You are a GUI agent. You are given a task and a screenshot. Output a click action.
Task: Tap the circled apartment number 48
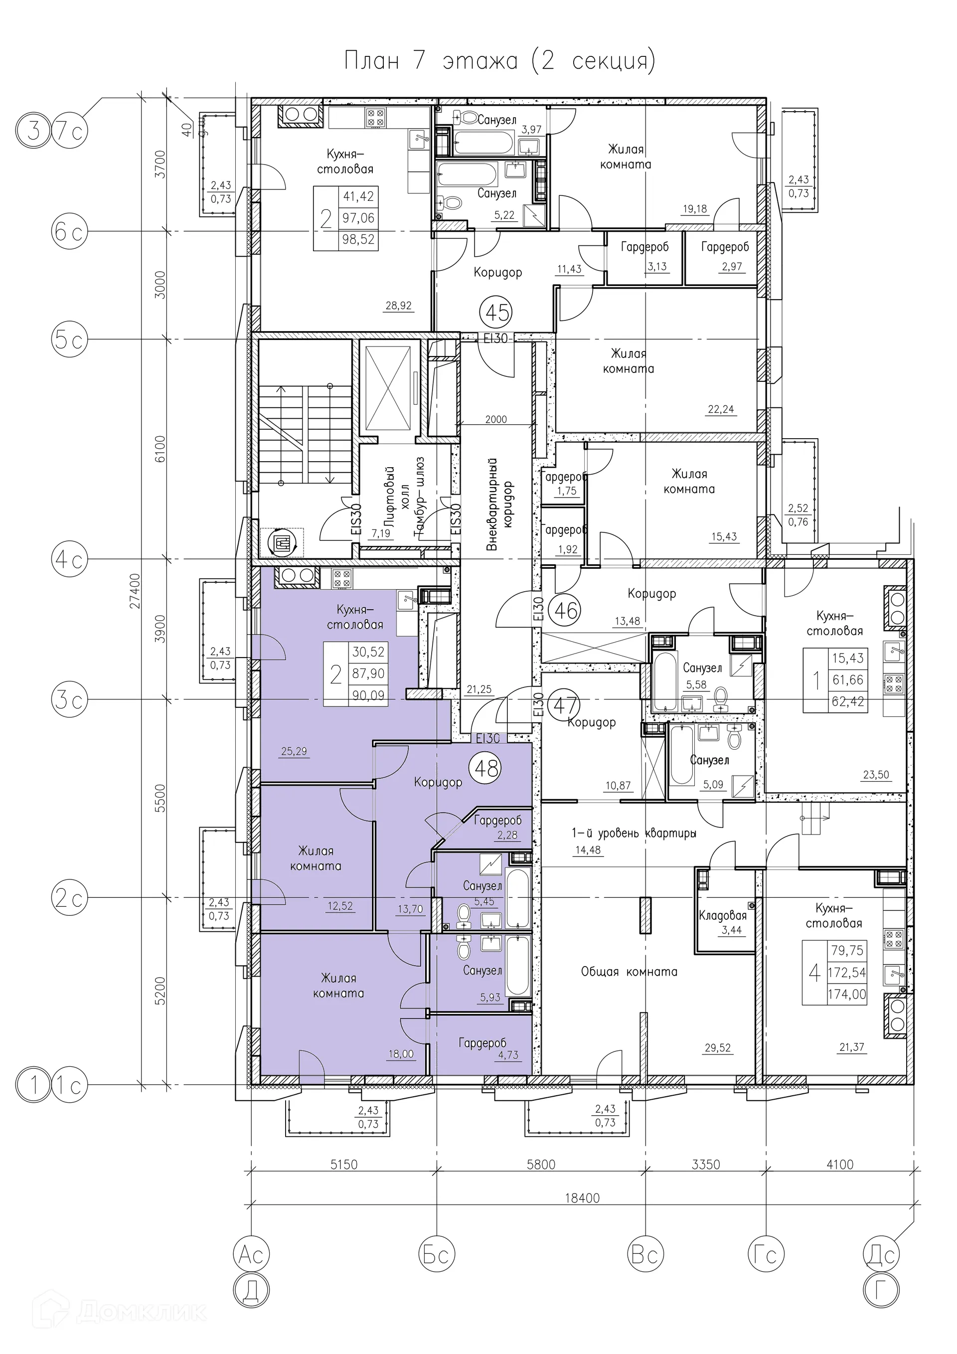(x=484, y=768)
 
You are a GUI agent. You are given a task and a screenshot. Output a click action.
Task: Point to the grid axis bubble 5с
(x=69, y=340)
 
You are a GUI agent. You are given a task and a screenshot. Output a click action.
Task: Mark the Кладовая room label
(x=722, y=915)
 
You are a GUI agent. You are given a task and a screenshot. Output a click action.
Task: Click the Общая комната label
(x=629, y=971)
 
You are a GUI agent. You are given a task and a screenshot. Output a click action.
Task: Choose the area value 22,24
(x=721, y=409)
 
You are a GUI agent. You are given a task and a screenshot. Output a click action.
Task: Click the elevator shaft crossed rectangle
(x=388, y=390)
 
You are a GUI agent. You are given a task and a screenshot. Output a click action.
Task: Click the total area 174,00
(x=847, y=994)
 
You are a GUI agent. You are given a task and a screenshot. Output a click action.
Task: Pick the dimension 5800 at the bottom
(x=541, y=1164)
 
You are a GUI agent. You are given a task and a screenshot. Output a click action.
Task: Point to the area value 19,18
(x=695, y=208)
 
